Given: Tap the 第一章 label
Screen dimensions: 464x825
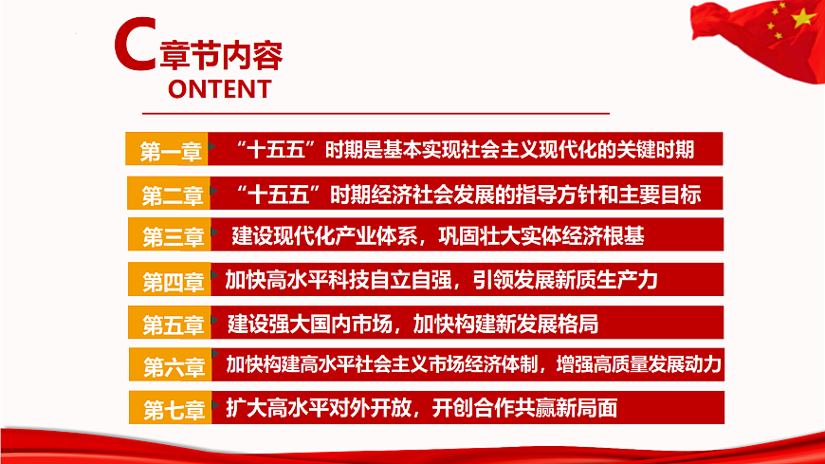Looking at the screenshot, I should tap(172, 151).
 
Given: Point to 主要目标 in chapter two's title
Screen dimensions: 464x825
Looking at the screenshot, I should tap(663, 195).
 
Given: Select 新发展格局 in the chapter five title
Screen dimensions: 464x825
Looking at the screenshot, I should tap(551, 325).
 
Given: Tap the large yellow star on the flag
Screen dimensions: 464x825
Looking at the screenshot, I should tap(803, 16).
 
